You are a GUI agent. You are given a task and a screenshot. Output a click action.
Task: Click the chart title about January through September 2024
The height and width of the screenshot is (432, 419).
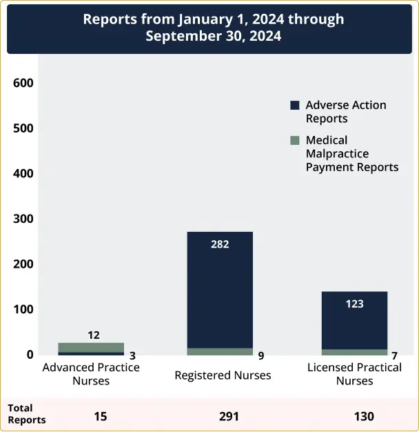click(213, 28)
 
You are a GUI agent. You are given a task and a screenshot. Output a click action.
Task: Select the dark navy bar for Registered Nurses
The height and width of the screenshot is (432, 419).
click(220, 290)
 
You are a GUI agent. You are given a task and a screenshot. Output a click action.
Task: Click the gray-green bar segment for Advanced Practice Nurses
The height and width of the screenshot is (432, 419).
click(91, 347)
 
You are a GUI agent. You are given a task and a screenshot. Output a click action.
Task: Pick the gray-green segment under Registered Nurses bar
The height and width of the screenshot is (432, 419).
click(220, 352)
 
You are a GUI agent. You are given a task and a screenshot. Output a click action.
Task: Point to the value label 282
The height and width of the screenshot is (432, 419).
click(220, 244)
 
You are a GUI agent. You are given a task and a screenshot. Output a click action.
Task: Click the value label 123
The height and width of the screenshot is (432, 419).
click(354, 304)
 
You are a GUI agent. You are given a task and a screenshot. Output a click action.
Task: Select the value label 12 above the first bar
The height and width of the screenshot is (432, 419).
click(94, 335)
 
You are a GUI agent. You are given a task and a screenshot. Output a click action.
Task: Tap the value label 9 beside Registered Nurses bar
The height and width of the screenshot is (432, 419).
click(260, 356)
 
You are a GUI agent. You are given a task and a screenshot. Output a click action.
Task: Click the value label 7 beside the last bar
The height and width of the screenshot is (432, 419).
click(395, 356)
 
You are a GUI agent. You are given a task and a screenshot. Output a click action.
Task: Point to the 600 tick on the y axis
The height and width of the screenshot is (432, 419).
click(23, 83)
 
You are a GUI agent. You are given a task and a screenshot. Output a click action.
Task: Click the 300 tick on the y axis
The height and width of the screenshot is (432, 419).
click(23, 219)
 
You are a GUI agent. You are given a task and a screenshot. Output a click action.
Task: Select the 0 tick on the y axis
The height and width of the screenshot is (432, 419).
click(30, 355)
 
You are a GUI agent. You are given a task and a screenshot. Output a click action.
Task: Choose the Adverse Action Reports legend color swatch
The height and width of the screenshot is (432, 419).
click(295, 106)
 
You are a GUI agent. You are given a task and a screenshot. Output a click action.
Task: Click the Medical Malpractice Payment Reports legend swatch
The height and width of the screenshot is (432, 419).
click(295, 140)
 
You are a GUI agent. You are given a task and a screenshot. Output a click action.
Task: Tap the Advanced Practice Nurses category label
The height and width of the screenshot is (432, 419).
click(91, 373)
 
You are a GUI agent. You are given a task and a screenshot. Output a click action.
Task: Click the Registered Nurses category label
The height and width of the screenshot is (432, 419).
click(223, 375)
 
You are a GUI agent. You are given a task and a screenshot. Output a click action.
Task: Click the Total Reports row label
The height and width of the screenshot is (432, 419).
click(26, 414)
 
